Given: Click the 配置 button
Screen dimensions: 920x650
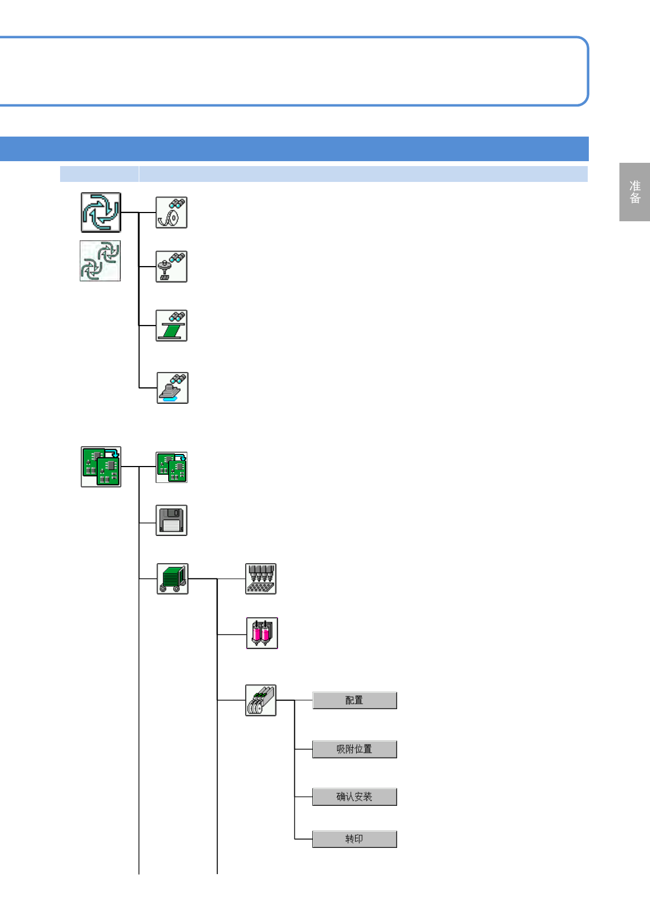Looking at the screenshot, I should [x=354, y=700].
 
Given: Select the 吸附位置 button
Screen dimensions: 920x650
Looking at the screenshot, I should [x=354, y=749].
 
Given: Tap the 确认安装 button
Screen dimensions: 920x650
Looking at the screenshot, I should [x=354, y=797].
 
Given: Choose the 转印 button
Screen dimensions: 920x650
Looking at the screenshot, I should [x=354, y=839].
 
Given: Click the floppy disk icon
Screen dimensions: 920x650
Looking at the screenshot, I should [x=172, y=520].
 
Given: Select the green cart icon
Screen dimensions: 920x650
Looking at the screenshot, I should [x=173, y=579].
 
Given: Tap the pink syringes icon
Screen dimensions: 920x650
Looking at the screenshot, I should [x=262, y=633].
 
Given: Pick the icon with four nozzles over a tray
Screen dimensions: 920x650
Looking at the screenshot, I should [x=261, y=579].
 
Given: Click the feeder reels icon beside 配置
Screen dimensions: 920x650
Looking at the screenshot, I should [x=261, y=700].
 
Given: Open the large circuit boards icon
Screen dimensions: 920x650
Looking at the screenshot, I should [x=101, y=467].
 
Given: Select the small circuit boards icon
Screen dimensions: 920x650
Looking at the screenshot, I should [x=172, y=467].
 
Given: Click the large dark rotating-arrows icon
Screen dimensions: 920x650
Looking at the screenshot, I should [x=101, y=212].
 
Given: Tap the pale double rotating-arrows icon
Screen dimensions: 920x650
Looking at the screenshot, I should [x=101, y=261].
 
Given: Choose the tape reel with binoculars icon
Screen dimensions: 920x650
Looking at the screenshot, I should [x=172, y=213].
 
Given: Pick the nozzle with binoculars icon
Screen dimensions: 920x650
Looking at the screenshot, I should [x=172, y=267].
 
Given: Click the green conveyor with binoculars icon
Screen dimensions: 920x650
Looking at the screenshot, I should [x=172, y=326].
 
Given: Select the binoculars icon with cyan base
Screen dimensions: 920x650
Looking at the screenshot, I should [x=173, y=388].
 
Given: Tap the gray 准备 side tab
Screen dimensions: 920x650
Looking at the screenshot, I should [x=635, y=192].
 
